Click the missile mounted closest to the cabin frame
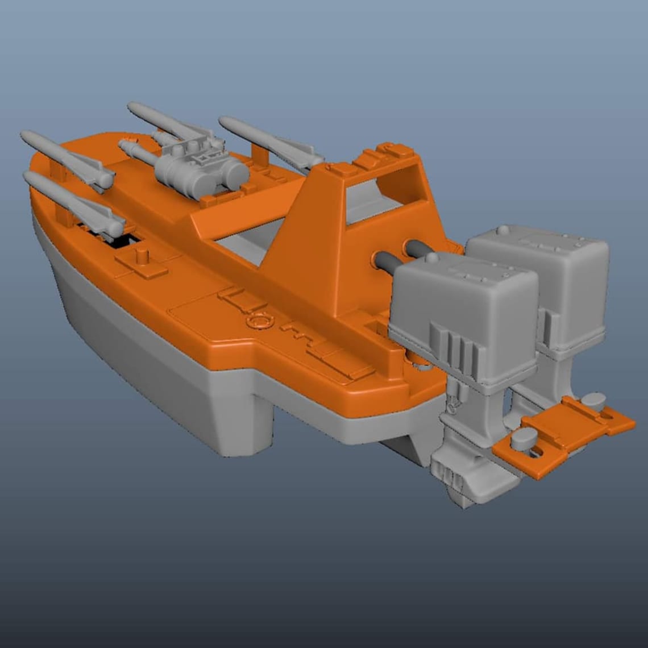pyautogui.click(x=267, y=139)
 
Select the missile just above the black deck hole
pyautogui.click(x=74, y=202)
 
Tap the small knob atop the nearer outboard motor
pyautogui.click(x=432, y=258)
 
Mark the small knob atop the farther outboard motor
pyautogui.click(x=503, y=230)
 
